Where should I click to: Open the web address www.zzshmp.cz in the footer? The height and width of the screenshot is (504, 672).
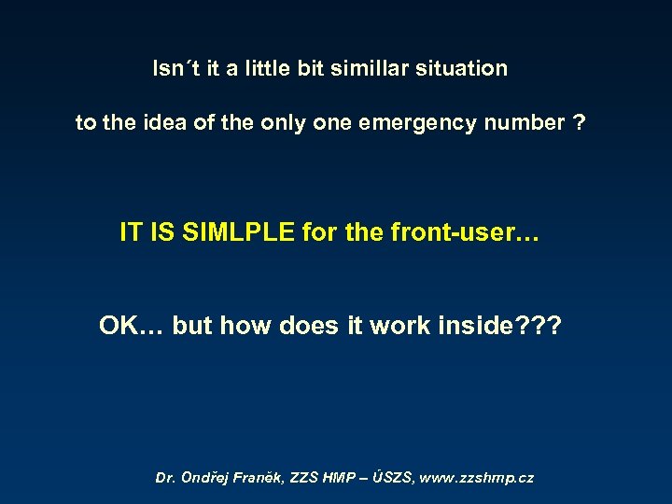tap(477, 478)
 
